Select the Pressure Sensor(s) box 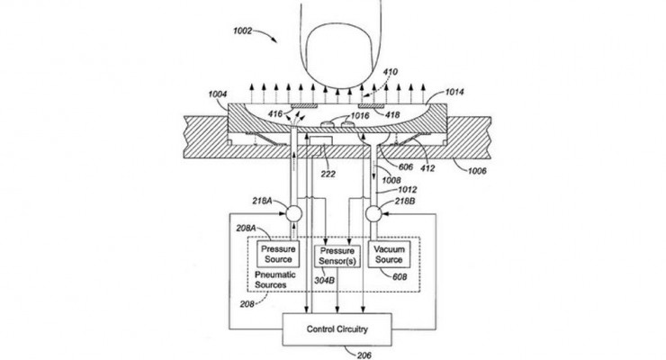[337, 255]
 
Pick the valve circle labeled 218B [377, 214]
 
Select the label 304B [324, 278]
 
